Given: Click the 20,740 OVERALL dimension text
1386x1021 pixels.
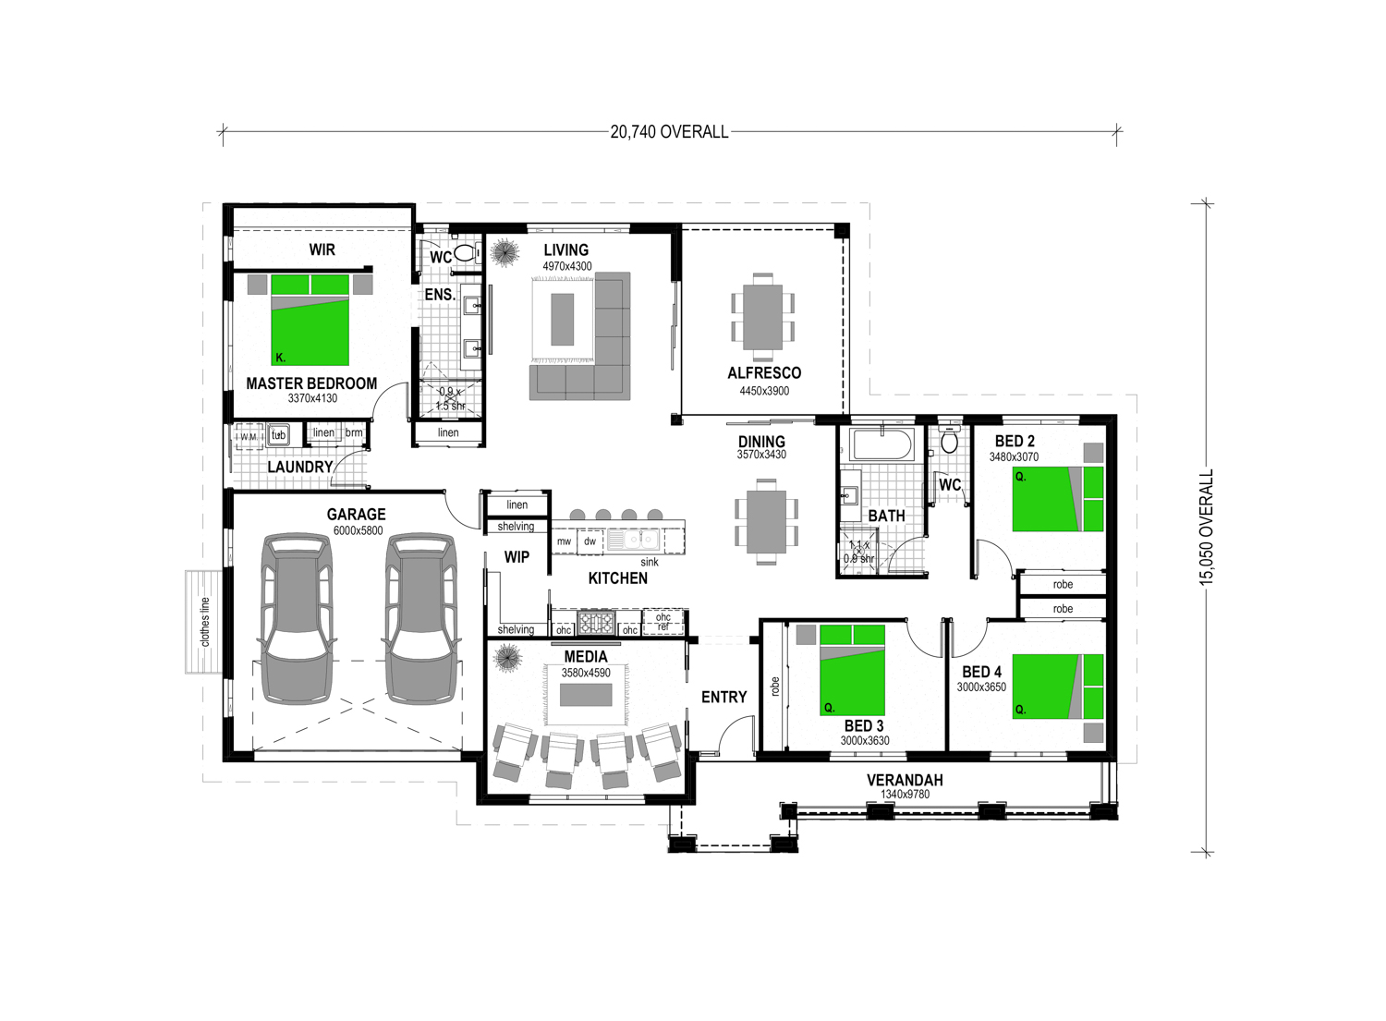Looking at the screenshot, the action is tap(669, 132).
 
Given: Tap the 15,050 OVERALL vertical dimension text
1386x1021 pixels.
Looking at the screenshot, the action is tap(1207, 528).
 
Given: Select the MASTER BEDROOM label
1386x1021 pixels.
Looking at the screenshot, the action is tap(311, 383).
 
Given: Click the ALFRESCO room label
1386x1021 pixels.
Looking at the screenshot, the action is tap(764, 372).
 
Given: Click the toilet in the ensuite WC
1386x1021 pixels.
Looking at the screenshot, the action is tap(464, 253).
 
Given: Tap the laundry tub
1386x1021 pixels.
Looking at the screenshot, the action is tap(278, 435).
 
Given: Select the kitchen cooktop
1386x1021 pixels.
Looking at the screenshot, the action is tap(596, 623).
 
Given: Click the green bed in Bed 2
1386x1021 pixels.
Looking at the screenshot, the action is tap(1057, 499).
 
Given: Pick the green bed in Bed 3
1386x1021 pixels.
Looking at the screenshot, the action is tap(852, 670).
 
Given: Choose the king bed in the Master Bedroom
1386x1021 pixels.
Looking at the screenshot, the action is tap(310, 320).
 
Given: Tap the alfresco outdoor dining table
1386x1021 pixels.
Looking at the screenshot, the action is tap(762, 317).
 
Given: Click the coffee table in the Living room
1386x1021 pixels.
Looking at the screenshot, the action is tap(562, 320).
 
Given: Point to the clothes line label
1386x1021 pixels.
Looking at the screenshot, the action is tap(205, 622).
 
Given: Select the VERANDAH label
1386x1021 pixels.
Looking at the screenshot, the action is tap(905, 780).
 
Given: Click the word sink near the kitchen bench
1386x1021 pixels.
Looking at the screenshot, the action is tap(649, 562).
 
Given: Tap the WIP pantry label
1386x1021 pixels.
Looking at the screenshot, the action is tap(517, 557).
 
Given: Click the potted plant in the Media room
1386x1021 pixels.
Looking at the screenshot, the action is tap(508, 658).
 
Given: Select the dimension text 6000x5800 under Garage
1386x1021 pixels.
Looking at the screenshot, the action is tap(358, 530).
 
